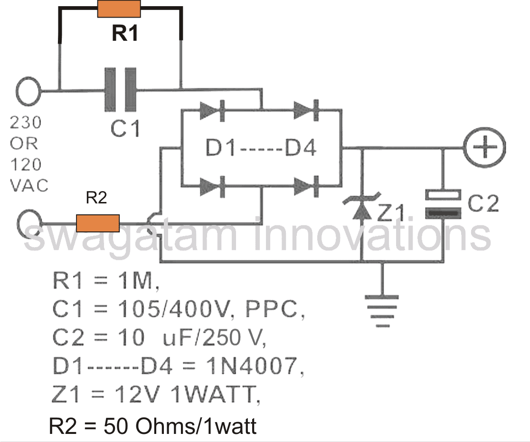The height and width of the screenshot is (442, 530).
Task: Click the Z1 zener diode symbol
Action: coord(362,207)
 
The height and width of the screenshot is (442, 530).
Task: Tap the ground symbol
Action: coord(379,311)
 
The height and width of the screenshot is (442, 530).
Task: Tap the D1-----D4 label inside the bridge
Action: coord(261,149)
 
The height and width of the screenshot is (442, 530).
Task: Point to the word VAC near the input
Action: coord(29,185)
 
